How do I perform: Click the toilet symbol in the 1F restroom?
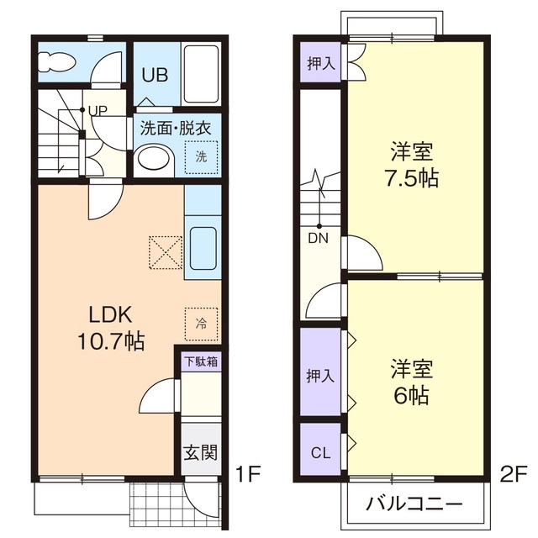coord(57,61)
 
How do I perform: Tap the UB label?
coord(155,75)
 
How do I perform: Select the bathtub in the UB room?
coord(202,74)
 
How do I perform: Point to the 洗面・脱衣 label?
coord(175,129)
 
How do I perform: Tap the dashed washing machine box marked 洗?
coord(202,156)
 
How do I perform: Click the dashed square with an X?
coord(164,251)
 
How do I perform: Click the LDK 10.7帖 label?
coord(111,329)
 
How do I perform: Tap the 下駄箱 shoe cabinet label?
coord(201,362)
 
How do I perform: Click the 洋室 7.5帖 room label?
coord(411,166)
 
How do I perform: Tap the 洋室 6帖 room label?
coord(411,382)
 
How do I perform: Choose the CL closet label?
coord(320,453)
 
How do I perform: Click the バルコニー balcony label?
coord(414,506)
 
